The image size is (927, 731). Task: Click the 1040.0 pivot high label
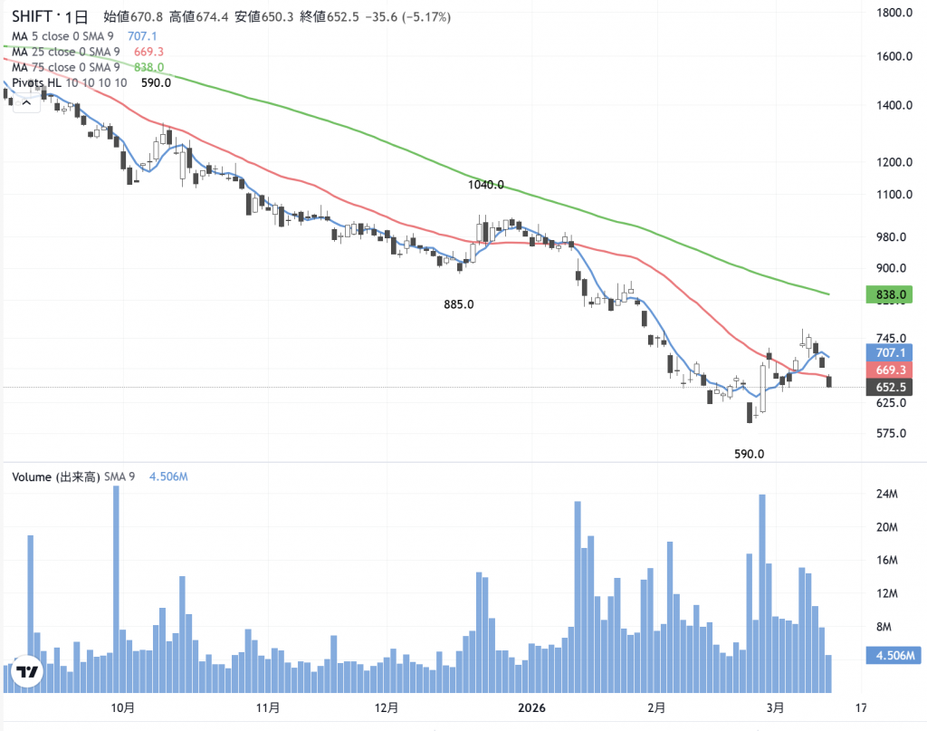click(x=486, y=185)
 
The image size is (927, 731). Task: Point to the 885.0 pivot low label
click(x=459, y=304)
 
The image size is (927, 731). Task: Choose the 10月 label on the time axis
click(x=123, y=707)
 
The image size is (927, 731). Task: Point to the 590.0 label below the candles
click(x=750, y=454)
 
